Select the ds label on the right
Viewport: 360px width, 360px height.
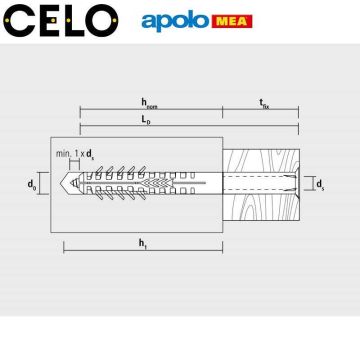[319, 184]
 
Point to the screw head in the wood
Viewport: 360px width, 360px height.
[288, 184]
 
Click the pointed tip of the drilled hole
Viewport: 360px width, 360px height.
[65, 185]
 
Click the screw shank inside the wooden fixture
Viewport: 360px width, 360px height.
[255, 185]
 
